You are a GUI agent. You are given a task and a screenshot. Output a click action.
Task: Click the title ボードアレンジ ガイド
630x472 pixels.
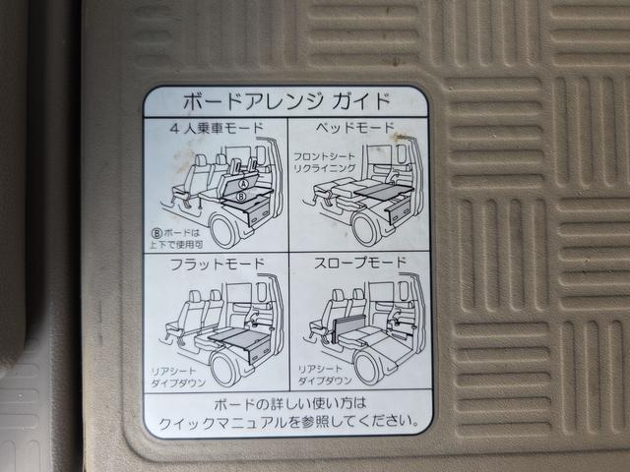coord(286,101)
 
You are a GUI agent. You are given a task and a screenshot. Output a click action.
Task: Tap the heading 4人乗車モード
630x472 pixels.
coord(217,129)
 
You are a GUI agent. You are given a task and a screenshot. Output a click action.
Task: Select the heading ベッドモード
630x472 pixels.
coord(354,128)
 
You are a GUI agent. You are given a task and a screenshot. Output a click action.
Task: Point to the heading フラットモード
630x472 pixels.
coord(218,265)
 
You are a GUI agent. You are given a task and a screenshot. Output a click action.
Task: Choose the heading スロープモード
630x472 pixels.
coord(360,263)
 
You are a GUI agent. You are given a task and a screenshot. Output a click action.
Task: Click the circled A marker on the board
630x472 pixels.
coord(243,184)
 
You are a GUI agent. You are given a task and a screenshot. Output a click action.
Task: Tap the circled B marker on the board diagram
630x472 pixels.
coord(241,197)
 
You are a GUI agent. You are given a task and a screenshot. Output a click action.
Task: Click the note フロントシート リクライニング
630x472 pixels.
coord(324,162)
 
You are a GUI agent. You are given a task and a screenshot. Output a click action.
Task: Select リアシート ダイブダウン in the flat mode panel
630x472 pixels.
coord(178,377)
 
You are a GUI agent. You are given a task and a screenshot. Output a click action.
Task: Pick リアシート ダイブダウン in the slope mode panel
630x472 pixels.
coord(325,375)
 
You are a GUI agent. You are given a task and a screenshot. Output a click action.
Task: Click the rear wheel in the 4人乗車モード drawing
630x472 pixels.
coord(225,232)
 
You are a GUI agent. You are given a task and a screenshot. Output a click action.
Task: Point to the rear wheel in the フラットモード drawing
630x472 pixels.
coord(225,370)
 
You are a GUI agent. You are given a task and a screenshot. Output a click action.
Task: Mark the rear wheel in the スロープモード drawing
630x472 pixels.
coord(368,367)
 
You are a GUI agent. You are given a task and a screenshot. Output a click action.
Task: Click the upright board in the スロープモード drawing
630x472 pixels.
coord(348,327)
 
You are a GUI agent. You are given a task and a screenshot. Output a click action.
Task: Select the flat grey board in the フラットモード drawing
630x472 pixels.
coord(239,336)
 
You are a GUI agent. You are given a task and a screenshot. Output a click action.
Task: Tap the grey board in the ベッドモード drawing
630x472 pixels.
coord(384,192)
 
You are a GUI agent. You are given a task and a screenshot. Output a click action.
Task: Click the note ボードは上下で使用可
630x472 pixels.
coord(176,238)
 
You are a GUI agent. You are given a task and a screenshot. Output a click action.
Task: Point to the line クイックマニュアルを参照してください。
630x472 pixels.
coord(287,422)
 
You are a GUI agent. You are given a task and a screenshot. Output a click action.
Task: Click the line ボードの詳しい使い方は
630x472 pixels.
coord(290,403)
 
